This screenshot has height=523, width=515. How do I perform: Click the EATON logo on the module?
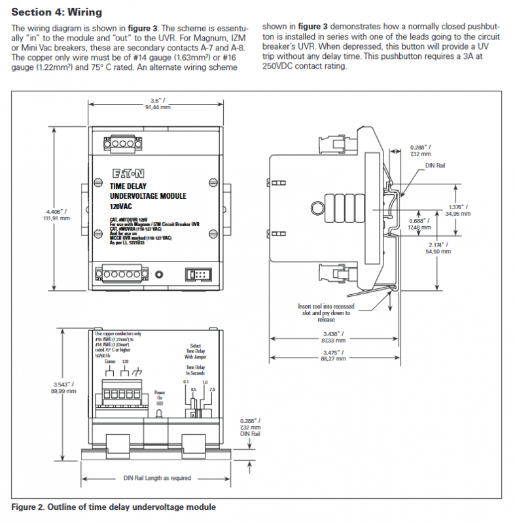(x=128, y=173)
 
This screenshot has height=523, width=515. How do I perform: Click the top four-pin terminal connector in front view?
(x=121, y=143)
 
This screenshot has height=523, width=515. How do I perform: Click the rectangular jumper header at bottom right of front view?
(x=196, y=275)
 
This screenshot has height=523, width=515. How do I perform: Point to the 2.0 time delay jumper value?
(x=211, y=390)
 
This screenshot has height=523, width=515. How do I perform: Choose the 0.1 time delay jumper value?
(x=186, y=381)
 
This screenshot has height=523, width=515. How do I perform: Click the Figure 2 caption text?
(x=113, y=507)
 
